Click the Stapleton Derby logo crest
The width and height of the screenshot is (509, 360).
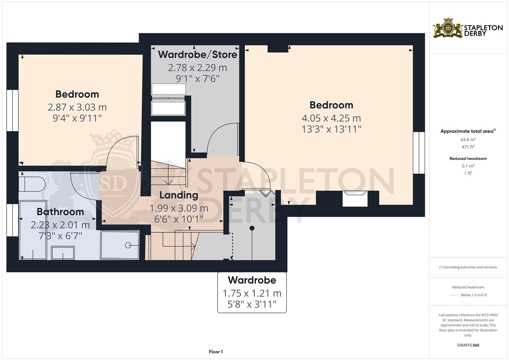click(x=448, y=28)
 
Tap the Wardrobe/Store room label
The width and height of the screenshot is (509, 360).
click(x=197, y=54)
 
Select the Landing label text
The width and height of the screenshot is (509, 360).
click(x=179, y=195)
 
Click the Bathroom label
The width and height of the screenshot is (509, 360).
click(x=60, y=212)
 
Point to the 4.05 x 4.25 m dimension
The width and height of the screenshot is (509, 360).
click(x=331, y=118)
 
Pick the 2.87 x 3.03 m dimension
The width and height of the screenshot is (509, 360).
click(x=77, y=107)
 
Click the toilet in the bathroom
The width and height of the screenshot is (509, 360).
click(x=32, y=184)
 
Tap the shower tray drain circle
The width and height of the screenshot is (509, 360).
click(x=128, y=245)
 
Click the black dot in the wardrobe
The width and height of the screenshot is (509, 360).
click(x=252, y=228)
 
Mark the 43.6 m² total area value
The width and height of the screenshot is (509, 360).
click(x=468, y=140)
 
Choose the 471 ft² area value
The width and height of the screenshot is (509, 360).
click(x=468, y=147)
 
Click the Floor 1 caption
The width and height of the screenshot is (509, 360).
click(x=216, y=352)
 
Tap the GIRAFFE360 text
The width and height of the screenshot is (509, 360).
click(x=468, y=345)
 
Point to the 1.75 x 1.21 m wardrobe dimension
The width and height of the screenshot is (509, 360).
click(x=252, y=293)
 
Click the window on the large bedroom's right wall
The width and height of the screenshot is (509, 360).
click(x=419, y=153)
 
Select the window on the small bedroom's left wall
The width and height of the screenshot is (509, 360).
click(x=13, y=110)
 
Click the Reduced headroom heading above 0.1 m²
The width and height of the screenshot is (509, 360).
click(x=468, y=159)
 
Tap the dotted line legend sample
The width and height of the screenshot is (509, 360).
click(x=454, y=295)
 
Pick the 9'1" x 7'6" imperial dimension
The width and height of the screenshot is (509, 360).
click(x=197, y=79)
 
